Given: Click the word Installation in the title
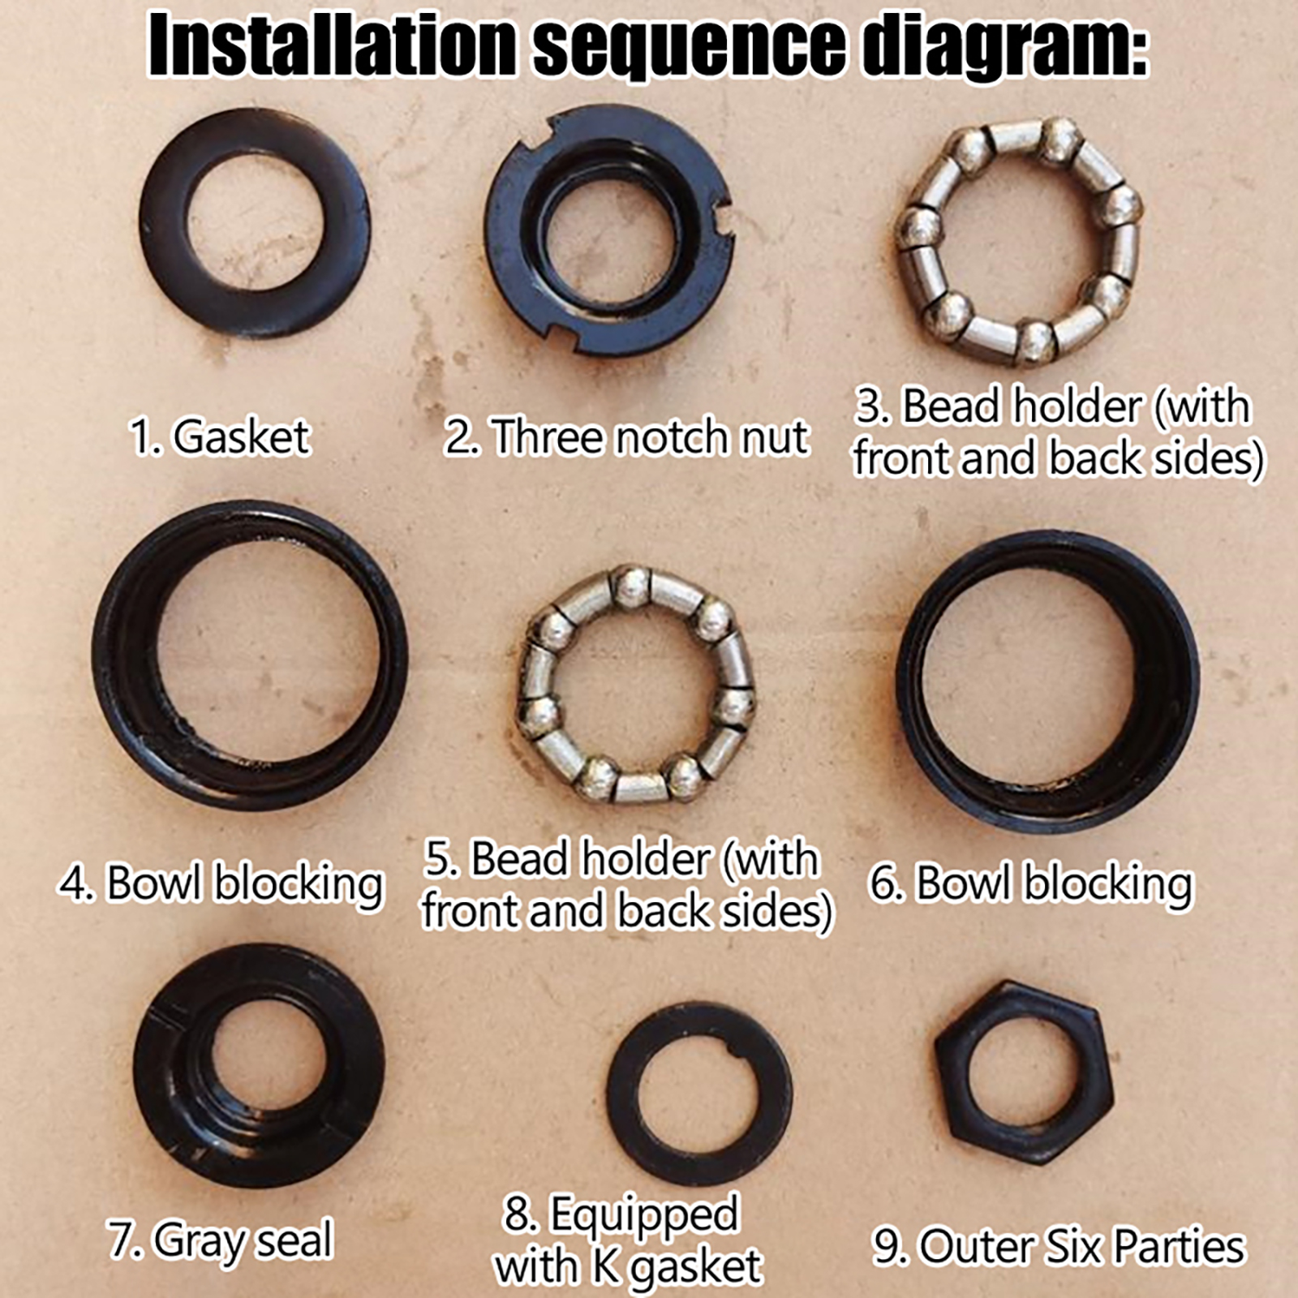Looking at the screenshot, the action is coord(333,45).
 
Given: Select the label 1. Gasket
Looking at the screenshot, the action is coord(220,437).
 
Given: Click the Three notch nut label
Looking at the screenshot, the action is coord(625,437).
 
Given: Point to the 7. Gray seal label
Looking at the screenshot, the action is coord(220,1242).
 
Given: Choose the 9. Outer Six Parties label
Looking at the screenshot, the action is coord(1058,1247).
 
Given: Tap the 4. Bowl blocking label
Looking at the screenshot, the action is coord(220,884).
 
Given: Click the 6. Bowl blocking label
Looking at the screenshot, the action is coord(1030,884).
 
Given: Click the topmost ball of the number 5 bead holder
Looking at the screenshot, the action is coord(631,585).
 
